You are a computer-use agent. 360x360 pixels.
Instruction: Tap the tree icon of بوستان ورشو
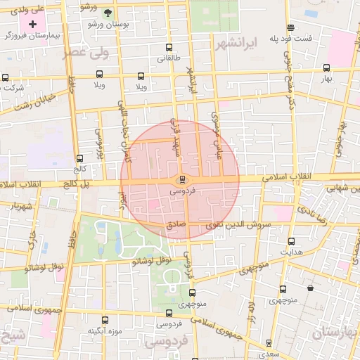[107, 13]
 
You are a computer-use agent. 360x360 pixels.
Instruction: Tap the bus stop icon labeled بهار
[326, 68]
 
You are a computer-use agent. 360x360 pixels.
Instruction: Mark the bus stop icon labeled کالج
[79, 158]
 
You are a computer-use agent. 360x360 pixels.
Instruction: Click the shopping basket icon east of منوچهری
[310, 288]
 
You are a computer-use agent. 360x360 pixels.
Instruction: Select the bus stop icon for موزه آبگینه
[105, 320]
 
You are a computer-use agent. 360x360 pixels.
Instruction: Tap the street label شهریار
[21, 206]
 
